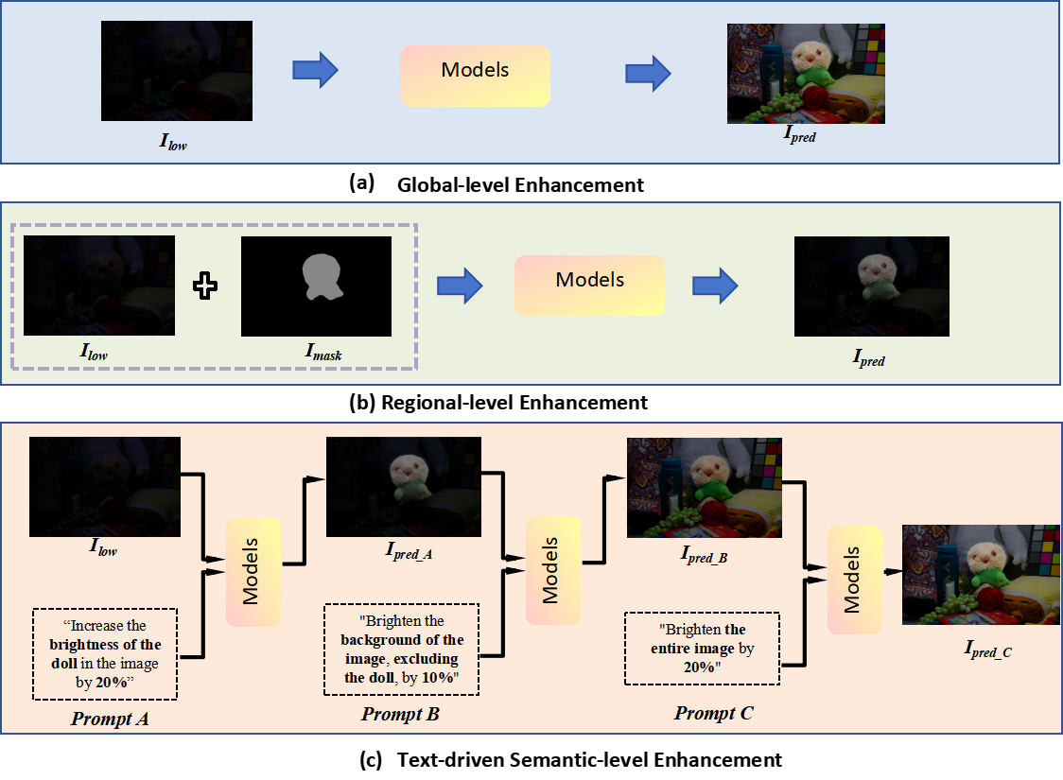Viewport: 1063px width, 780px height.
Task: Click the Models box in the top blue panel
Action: point(475,76)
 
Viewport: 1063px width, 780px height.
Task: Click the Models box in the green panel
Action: point(589,285)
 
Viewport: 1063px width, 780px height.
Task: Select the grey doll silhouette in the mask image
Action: point(320,280)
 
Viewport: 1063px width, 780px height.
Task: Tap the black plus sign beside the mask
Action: point(205,286)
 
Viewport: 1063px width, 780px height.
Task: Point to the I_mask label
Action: point(322,355)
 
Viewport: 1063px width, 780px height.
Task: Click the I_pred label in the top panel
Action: point(798,137)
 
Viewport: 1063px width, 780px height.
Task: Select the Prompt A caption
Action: point(109,719)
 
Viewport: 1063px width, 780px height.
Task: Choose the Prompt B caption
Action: point(400,714)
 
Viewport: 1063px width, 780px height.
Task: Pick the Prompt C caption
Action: point(713,713)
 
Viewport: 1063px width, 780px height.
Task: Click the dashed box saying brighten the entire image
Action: point(702,649)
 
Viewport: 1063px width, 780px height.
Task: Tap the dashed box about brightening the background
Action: point(402,650)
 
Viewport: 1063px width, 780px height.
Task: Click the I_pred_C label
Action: point(987,649)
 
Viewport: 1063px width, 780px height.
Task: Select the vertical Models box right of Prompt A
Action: point(253,572)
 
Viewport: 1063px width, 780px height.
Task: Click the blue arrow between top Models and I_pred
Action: point(649,72)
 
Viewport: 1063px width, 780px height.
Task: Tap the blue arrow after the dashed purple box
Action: point(460,285)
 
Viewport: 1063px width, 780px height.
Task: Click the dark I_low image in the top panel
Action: point(177,71)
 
